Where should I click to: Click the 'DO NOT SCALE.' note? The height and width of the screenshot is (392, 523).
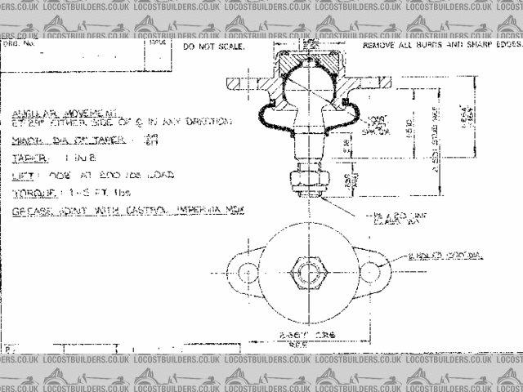(213, 48)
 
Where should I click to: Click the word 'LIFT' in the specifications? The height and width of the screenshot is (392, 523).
(22, 175)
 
